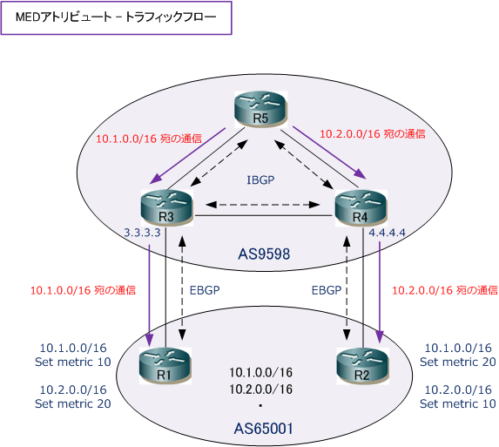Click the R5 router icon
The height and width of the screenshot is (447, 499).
(x=261, y=109)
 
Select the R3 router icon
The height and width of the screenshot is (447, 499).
(x=166, y=207)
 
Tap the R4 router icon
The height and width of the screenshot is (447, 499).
(x=361, y=207)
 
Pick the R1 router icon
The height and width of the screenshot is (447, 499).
(x=165, y=365)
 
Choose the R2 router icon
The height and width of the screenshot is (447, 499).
(x=363, y=365)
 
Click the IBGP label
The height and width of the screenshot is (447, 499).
(x=260, y=180)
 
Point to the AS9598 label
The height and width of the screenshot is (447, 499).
(x=264, y=254)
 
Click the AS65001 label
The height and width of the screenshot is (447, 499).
(x=264, y=429)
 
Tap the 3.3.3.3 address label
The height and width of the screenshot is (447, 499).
(x=142, y=233)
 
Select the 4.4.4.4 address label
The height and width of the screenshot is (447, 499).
(x=387, y=233)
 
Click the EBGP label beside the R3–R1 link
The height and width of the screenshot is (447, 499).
(x=205, y=290)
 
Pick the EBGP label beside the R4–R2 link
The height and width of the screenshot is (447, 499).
(x=327, y=290)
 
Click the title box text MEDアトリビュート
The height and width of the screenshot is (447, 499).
(x=64, y=17)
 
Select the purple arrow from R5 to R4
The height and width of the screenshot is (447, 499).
(x=329, y=152)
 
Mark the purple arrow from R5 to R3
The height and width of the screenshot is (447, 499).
(x=187, y=156)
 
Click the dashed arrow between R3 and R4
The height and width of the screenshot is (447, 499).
(x=263, y=205)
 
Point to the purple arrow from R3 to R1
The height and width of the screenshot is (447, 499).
(x=150, y=294)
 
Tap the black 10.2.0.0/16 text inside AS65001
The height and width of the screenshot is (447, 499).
(x=261, y=389)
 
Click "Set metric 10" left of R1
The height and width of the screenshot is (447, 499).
(x=73, y=362)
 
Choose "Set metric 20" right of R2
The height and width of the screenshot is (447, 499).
(x=457, y=362)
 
